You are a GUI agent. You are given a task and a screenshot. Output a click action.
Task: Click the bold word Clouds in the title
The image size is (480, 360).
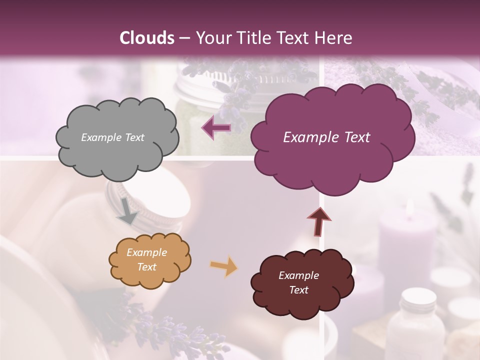coord(147,38)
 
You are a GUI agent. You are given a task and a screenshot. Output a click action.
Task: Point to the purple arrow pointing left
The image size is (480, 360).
coord(216,128)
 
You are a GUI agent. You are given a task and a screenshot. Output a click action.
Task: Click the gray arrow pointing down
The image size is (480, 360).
coord(128,210)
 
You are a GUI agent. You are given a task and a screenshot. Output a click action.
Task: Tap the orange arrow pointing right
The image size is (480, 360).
coord(223,266)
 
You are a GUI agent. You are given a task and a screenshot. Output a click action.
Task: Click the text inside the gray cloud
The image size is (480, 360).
coord(112,137)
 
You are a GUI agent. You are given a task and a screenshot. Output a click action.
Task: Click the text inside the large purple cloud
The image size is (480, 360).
coord(326,137)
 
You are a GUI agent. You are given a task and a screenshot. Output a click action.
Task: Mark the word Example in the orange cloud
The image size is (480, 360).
coord(146,253)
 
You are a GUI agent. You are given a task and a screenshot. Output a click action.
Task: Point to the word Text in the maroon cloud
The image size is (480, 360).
coord(298,290)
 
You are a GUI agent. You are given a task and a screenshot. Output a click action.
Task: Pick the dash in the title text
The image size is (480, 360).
coord(184,38)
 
